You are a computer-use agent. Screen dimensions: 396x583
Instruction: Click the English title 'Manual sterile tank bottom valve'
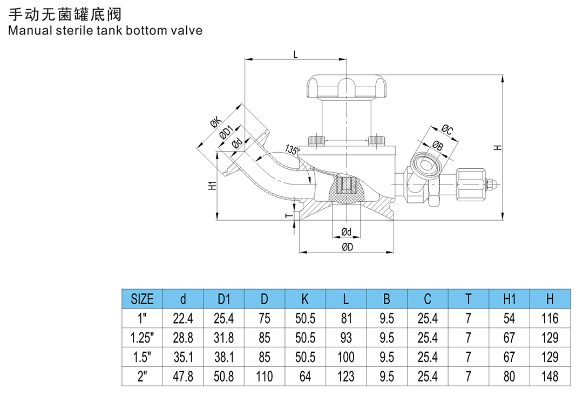pyautogui.click(x=105, y=30)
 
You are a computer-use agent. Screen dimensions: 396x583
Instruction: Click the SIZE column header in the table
pyautogui.click(x=142, y=298)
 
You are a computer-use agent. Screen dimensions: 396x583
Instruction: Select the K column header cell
pyautogui.click(x=305, y=298)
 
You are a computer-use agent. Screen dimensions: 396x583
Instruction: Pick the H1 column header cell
pyautogui.click(x=509, y=298)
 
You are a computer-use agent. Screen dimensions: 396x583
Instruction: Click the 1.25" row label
pyautogui.click(x=142, y=338)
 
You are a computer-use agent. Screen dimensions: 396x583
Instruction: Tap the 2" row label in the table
pyautogui.click(x=142, y=376)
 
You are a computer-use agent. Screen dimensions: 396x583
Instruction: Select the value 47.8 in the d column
pyautogui.click(x=183, y=376)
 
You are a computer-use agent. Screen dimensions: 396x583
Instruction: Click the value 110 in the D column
pyautogui.click(x=265, y=376)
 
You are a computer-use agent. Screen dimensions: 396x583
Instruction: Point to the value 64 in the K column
pyautogui.click(x=305, y=376)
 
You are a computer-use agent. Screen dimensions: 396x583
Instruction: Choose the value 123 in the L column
pyautogui.click(x=346, y=376)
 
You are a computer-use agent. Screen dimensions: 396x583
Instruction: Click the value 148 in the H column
pyautogui.click(x=550, y=376)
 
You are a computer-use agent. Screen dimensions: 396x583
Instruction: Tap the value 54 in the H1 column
pyautogui.click(x=509, y=318)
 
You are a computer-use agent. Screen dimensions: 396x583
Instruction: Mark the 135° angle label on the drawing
pyautogui.click(x=292, y=149)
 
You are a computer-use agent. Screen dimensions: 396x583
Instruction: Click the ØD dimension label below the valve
pyautogui.click(x=347, y=248)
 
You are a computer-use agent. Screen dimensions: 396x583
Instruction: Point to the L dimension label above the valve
pyautogui.click(x=295, y=54)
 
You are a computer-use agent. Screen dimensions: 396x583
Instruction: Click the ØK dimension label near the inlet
pyautogui.click(x=216, y=123)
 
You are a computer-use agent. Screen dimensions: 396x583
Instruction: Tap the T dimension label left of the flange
pyautogui.click(x=288, y=215)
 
